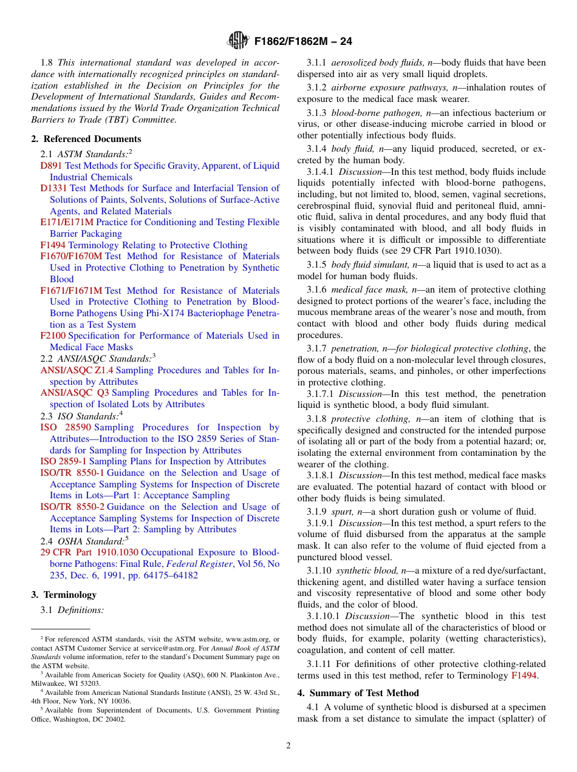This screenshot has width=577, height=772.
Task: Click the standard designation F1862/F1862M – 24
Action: (x=303, y=41)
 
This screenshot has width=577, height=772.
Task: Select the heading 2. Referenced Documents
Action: (x=86, y=139)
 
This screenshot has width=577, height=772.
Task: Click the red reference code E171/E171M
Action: (x=67, y=222)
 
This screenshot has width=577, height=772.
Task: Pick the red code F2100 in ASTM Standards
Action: (x=53, y=336)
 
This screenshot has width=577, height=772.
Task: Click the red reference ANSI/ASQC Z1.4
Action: (x=77, y=370)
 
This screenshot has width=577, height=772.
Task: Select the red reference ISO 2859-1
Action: (x=63, y=461)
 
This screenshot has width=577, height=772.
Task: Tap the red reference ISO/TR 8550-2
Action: (x=72, y=507)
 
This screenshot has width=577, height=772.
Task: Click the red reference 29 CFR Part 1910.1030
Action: (x=89, y=552)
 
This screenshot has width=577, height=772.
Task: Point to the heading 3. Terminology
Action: (x=64, y=595)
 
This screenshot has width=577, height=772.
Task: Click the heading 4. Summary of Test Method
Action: (x=358, y=693)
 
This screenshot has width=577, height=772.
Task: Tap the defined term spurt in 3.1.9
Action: (x=343, y=512)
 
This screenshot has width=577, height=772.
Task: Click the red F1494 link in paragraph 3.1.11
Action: (x=524, y=675)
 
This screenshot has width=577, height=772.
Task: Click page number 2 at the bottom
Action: (x=288, y=746)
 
